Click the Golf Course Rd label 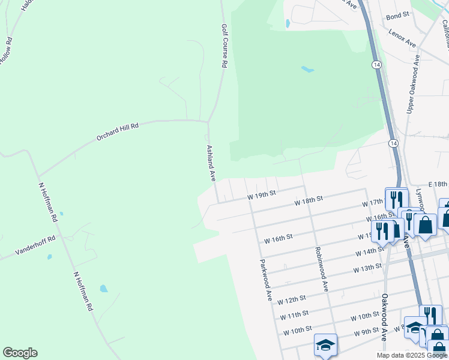coord(224,46)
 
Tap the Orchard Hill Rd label coord(118,132)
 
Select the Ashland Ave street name coord(211,163)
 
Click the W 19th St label coord(261,194)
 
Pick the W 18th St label coord(309,200)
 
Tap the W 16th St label coord(278,238)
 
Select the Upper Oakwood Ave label coord(412,85)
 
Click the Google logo coord(20,352)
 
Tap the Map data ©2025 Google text coord(412,355)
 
